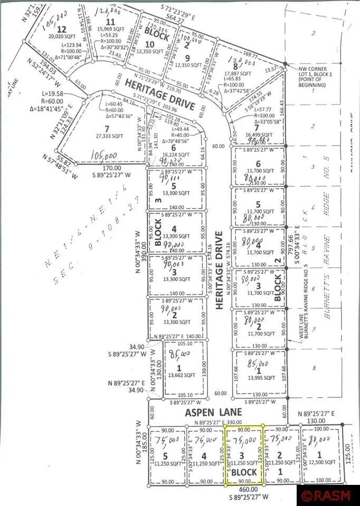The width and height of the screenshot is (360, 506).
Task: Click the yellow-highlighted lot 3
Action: (x=244, y=455)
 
